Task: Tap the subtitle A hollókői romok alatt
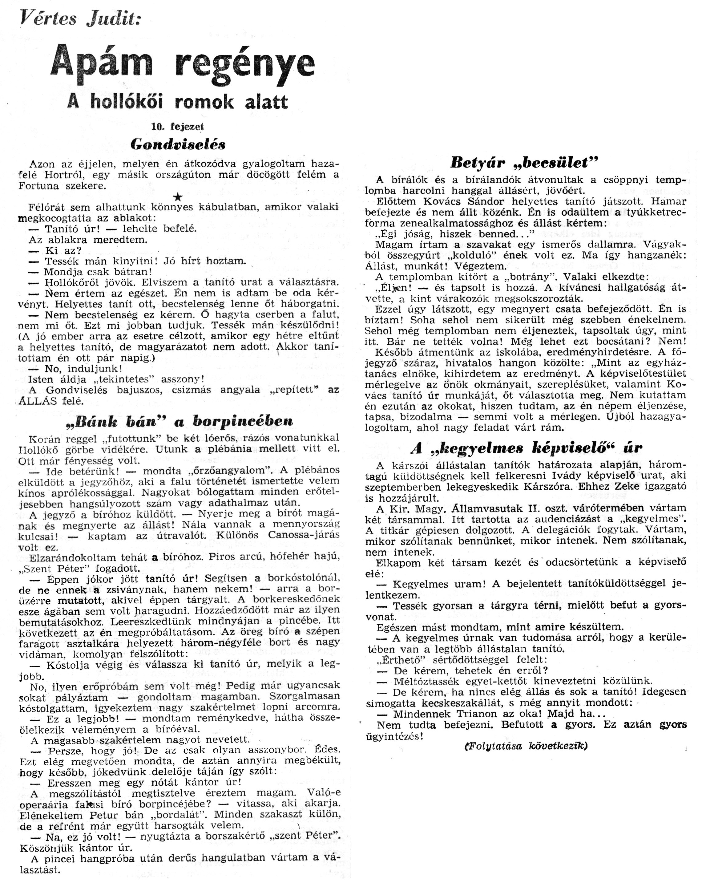[178, 102]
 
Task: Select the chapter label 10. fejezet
[178, 127]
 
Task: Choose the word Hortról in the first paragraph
[65, 174]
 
